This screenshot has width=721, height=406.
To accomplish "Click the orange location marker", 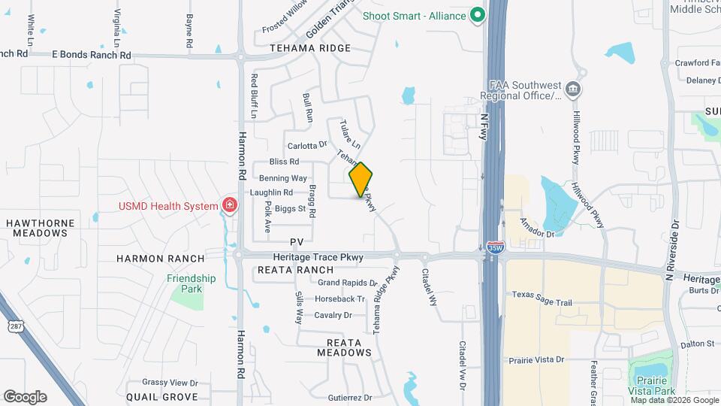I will [x=361, y=180].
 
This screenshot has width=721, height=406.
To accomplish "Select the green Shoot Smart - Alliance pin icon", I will [x=476, y=15].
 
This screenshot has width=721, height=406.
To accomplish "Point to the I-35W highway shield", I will [x=493, y=246].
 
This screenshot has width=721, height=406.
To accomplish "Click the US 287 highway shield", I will [x=15, y=326].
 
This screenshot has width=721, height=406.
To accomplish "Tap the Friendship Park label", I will [x=192, y=283].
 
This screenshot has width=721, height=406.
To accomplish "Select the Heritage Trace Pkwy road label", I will [x=318, y=257].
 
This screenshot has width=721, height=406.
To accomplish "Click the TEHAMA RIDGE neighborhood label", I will [x=310, y=48].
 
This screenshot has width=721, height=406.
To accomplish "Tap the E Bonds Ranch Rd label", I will [x=92, y=55].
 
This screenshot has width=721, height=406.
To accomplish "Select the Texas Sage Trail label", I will [x=542, y=303].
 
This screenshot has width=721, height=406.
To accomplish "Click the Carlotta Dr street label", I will [x=308, y=145].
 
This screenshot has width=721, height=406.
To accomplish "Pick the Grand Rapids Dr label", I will [x=347, y=283].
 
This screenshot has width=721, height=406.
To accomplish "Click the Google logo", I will [x=25, y=396].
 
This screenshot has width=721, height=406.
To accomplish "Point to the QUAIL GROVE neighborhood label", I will [x=161, y=396].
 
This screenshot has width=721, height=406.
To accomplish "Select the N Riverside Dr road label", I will [x=672, y=245].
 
